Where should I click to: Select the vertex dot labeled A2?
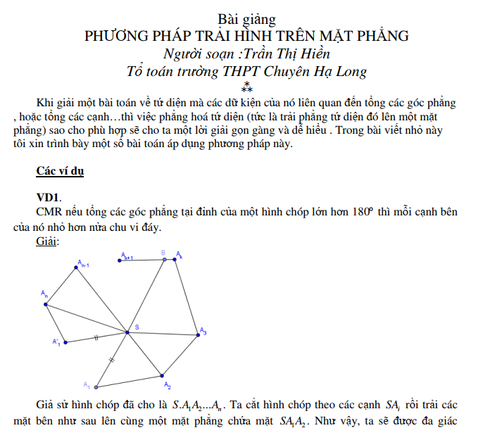tap(161, 375)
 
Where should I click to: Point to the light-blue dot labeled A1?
tap(96, 387)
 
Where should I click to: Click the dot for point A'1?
tap(65, 343)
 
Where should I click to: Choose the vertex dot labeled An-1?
tap(75, 267)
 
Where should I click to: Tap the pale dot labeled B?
tap(164, 259)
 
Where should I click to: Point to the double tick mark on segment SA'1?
tap(96, 336)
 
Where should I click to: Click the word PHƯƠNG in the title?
tap(115, 34)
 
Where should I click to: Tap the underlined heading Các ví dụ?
tap(60, 171)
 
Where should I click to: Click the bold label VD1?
tap(49, 198)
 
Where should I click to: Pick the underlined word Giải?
tap(46, 241)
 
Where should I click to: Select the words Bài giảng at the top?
tap(246, 18)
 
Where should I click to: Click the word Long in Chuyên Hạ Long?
tap(350, 71)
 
